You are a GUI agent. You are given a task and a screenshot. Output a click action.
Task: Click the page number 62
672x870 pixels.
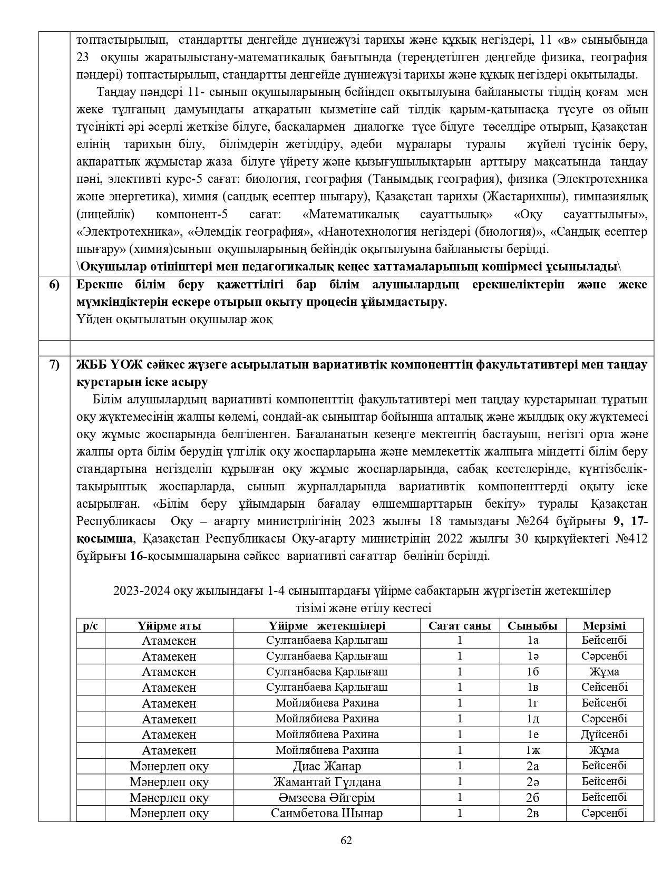click(346, 840)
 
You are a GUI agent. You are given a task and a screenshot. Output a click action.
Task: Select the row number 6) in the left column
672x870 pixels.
click(54, 285)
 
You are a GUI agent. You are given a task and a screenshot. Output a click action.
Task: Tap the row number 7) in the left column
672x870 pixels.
click(54, 364)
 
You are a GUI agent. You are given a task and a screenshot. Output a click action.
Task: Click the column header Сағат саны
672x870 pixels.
click(460, 626)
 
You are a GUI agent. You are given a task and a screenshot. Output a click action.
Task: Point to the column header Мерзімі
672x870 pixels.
click(604, 626)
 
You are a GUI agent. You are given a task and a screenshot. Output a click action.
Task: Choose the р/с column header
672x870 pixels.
click(91, 626)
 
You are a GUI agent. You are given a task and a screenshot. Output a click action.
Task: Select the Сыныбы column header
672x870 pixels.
click(532, 626)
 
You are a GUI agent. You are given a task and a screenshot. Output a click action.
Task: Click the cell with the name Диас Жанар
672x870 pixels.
click(327, 766)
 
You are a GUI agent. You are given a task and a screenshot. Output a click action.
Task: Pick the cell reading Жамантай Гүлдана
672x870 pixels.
click(327, 782)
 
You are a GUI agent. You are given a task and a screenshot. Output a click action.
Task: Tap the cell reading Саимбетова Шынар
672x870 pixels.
click(327, 813)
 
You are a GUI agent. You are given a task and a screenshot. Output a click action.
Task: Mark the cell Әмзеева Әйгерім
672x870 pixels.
click(327, 798)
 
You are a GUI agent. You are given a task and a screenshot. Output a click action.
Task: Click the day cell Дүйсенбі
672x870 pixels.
click(604, 734)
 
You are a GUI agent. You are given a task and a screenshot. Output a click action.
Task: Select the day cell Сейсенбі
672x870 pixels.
click(604, 688)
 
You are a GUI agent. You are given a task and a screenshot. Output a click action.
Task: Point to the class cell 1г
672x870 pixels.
click(532, 703)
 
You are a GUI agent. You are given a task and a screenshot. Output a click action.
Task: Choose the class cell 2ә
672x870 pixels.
click(532, 782)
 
